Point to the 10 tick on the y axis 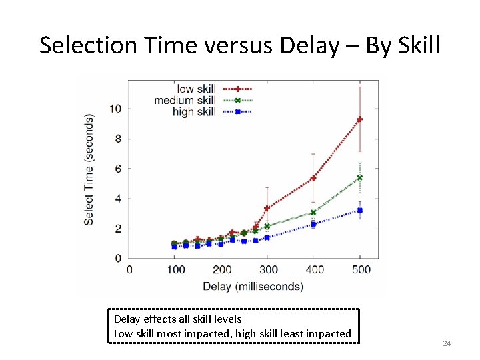pyautogui.click(x=115, y=109)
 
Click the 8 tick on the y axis pyautogui.click(x=118, y=139)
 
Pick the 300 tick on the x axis pyautogui.click(x=267, y=270)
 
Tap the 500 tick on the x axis pyautogui.click(x=360, y=270)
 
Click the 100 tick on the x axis pyautogui.click(x=175, y=270)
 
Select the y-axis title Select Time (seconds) pyautogui.click(x=89, y=169)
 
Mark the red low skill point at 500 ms pyautogui.click(x=360, y=119)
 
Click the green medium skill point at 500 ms pyautogui.click(x=360, y=178)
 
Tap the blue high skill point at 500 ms pyautogui.click(x=360, y=211)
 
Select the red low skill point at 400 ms pyautogui.click(x=313, y=178)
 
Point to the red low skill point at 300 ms pyautogui.click(x=267, y=209)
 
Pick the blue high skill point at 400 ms pyautogui.click(x=313, y=224)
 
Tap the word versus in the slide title pyautogui.click(x=239, y=45)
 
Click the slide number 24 pyautogui.click(x=447, y=343)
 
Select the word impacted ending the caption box pyautogui.click(x=328, y=333)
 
